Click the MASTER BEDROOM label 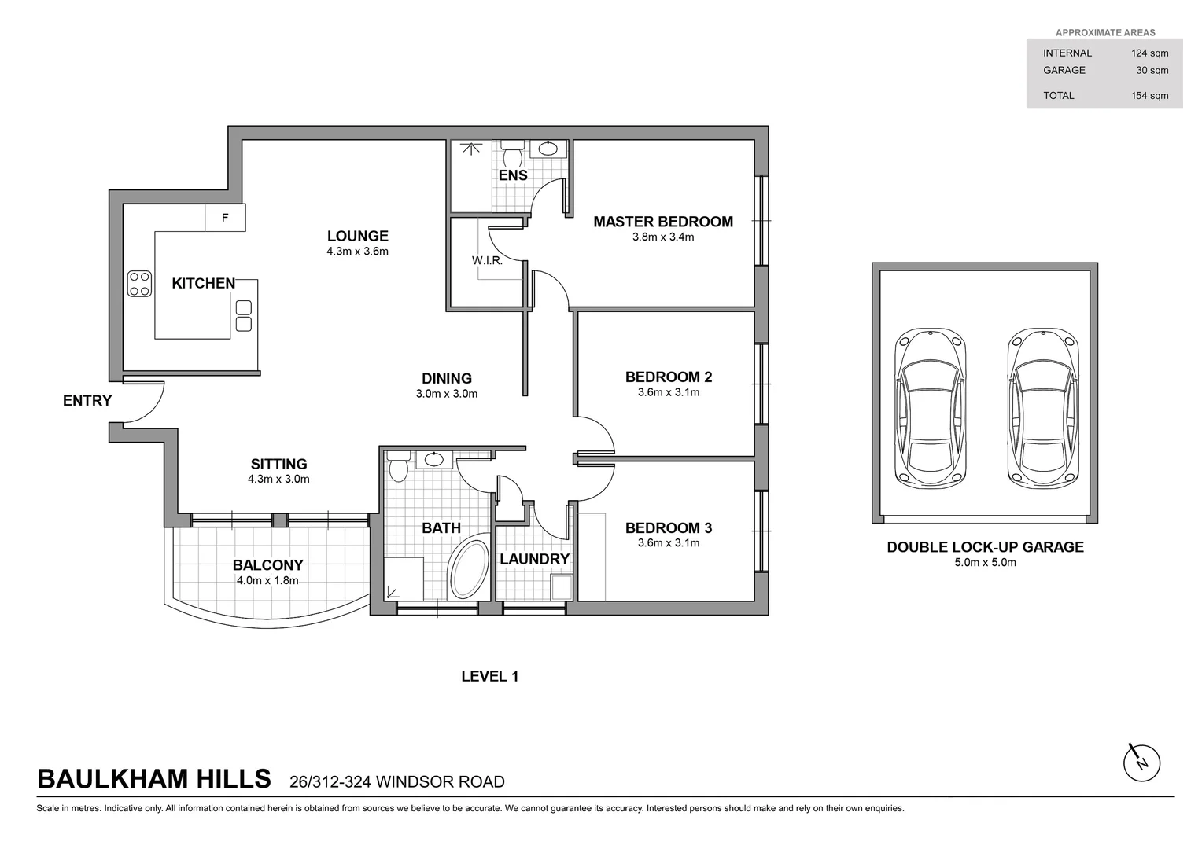pyautogui.click(x=662, y=222)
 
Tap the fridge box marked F pyautogui.click(x=225, y=218)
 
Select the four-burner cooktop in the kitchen pyautogui.click(x=139, y=284)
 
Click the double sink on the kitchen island pyautogui.click(x=243, y=315)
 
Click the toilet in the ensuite pyautogui.click(x=513, y=149)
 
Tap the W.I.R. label pyautogui.click(x=487, y=260)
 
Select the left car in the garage pyautogui.click(x=929, y=409)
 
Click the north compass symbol pyautogui.click(x=1141, y=762)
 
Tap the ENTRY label pyautogui.click(x=87, y=401)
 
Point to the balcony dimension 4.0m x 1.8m pyautogui.click(x=267, y=581)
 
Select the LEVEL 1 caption pyautogui.click(x=489, y=676)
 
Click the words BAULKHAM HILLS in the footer pyautogui.click(x=154, y=779)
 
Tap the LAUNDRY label pyautogui.click(x=534, y=559)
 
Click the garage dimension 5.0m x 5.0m pyautogui.click(x=985, y=563)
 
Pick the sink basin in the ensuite pyautogui.click(x=547, y=149)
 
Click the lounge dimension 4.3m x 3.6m pyautogui.click(x=358, y=252)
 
